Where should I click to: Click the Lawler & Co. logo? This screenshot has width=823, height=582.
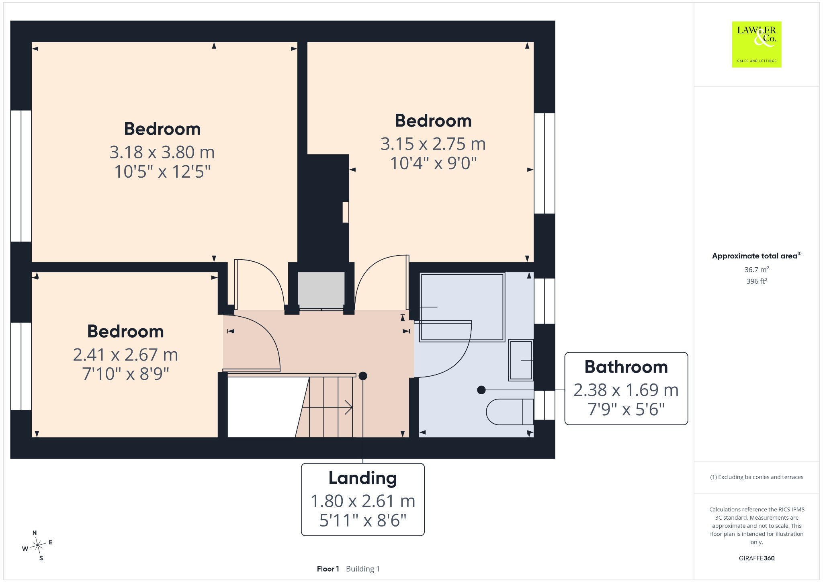coord(757,44)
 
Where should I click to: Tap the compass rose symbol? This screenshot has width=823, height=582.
coord(38,545)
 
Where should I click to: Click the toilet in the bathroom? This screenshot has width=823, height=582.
coord(510,412)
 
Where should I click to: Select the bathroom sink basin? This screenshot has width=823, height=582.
coord(521,360)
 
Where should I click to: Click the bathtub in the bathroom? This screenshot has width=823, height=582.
coord(462,307)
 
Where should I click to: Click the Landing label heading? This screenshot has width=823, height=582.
coord(362,478)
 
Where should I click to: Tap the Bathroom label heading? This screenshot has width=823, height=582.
coord(626,367)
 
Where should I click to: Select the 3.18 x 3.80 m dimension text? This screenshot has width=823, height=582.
coord(162,152)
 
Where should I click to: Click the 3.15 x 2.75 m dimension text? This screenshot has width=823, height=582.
coord(433,144)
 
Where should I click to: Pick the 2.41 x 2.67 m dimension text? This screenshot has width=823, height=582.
coord(125,355)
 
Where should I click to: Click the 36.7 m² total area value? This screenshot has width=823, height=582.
coord(757,269)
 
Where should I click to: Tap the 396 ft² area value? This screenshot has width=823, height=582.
coord(757,281)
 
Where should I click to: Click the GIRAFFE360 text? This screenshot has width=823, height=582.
coord(757,558)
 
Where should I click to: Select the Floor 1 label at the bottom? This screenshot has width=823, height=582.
coord(328,569)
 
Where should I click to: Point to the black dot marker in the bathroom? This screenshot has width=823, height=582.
coord(481,390)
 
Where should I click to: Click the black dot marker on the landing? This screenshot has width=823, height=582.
coord(363,376)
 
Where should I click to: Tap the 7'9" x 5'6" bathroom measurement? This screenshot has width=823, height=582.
coord(626,409)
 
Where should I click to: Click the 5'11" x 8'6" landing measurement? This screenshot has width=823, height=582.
coord(362,521)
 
